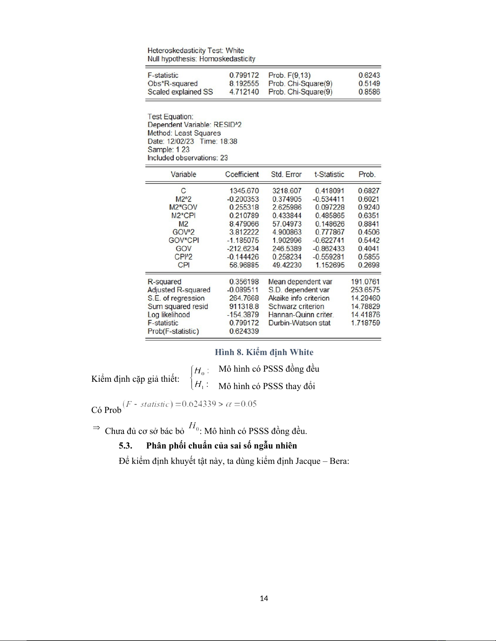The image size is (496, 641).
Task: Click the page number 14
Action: pos(264,599)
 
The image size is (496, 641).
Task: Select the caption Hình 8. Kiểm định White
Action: pos(264,352)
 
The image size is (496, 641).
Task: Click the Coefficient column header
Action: pos(242,174)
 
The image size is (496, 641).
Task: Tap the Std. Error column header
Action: pos(286,174)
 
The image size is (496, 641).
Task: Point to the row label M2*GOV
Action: pos(183,207)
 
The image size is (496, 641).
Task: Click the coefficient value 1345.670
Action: pos(244,190)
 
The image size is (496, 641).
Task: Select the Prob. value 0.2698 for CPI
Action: pos(369,265)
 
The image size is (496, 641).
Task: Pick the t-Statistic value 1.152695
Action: pos(330,265)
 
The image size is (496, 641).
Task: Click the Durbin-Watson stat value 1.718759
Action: pos(365,323)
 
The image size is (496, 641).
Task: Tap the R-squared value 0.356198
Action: pos(244,281)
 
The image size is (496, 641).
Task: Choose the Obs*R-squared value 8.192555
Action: pos(244,83)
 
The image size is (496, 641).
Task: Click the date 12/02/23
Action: pos(180,141)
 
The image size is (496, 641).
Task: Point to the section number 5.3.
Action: pos(126,446)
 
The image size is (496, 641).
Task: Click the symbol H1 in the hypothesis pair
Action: pos(199,385)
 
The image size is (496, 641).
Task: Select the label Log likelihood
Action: pos(168,315)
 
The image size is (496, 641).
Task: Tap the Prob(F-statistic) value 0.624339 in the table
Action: pos(244,331)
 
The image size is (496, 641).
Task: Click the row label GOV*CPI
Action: pos(183,240)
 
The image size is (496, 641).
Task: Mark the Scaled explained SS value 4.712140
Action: pos(244,92)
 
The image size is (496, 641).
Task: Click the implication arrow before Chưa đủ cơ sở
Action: pos(96,428)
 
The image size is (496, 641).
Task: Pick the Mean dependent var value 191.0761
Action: pos(365,281)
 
